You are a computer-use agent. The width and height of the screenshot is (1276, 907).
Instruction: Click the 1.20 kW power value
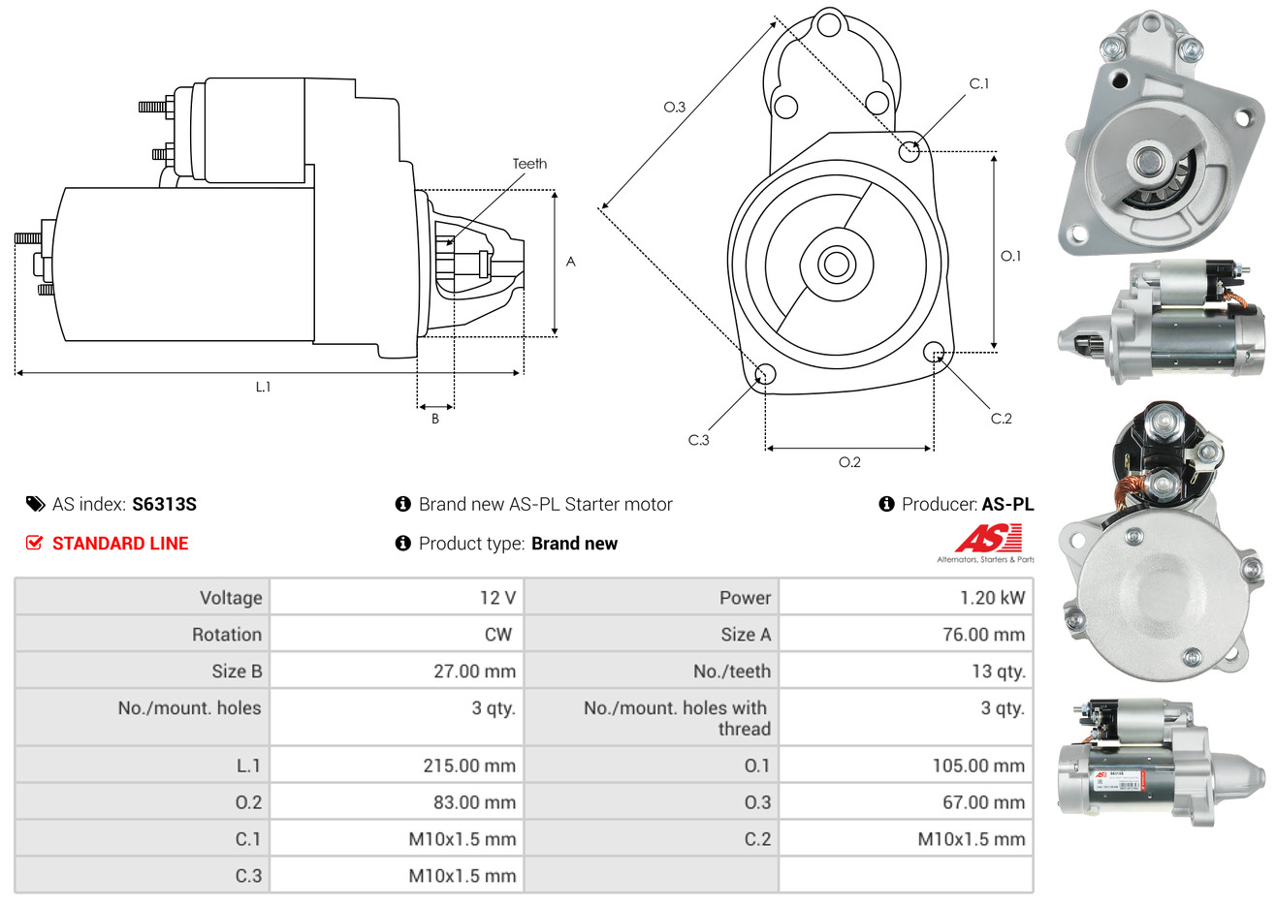tap(992, 598)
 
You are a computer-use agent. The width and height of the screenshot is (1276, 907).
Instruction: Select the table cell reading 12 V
tap(497, 598)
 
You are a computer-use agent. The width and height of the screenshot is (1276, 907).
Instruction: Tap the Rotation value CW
tap(497, 635)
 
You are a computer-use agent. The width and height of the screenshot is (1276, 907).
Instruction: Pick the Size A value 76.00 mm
tap(982, 635)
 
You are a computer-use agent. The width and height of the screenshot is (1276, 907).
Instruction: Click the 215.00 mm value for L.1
tap(469, 766)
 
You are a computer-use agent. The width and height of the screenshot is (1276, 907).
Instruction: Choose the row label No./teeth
tap(732, 672)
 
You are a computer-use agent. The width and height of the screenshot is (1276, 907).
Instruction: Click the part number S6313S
tap(164, 504)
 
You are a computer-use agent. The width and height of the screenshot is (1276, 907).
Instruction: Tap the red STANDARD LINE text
tap(120, 544)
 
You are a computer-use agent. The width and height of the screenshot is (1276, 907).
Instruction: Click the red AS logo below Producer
tap(988, 538)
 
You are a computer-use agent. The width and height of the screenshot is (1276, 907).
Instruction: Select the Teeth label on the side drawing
tap(529, 164)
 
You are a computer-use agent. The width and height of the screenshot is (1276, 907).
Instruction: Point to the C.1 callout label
tap(979, 84)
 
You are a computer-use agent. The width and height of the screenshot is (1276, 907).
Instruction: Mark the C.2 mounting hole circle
tap(934, 351)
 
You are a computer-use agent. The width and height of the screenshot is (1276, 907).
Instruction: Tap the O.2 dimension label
tap(849, 462)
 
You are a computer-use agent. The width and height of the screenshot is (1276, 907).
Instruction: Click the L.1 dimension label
tap(263, 387)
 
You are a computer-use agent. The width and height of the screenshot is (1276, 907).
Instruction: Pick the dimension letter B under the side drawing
tap(435, 419)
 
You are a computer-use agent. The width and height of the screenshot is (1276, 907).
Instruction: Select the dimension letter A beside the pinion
tap(571, 262)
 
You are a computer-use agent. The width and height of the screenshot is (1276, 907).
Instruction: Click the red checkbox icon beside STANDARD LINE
tap(34, 543)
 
